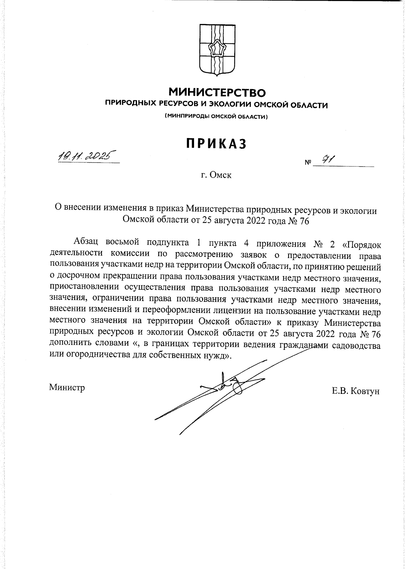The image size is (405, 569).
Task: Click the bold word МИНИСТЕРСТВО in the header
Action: coord(217,92)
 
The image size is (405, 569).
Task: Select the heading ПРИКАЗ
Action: coord(216,144)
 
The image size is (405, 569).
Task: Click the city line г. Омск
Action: coord(216,175)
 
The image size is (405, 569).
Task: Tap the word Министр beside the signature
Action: coord(67,387)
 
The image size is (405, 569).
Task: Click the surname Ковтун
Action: coord(365,391)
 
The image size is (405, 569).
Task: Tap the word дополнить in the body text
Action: coord(69,345)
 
